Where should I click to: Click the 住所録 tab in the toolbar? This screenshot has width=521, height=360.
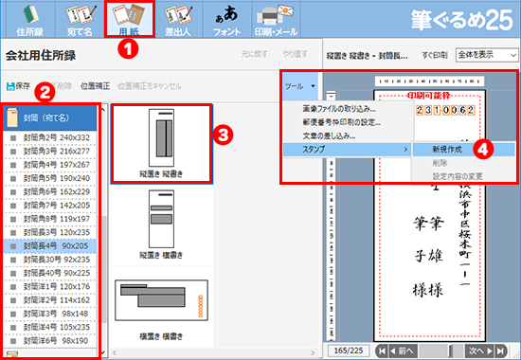[20, 19]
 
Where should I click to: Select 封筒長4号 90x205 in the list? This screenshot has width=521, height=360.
[57, 243]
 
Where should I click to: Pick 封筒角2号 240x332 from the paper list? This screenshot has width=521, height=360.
[57, 136]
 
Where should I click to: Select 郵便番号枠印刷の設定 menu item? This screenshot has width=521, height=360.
[347, 121]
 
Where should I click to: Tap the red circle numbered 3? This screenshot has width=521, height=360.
[222, 134]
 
